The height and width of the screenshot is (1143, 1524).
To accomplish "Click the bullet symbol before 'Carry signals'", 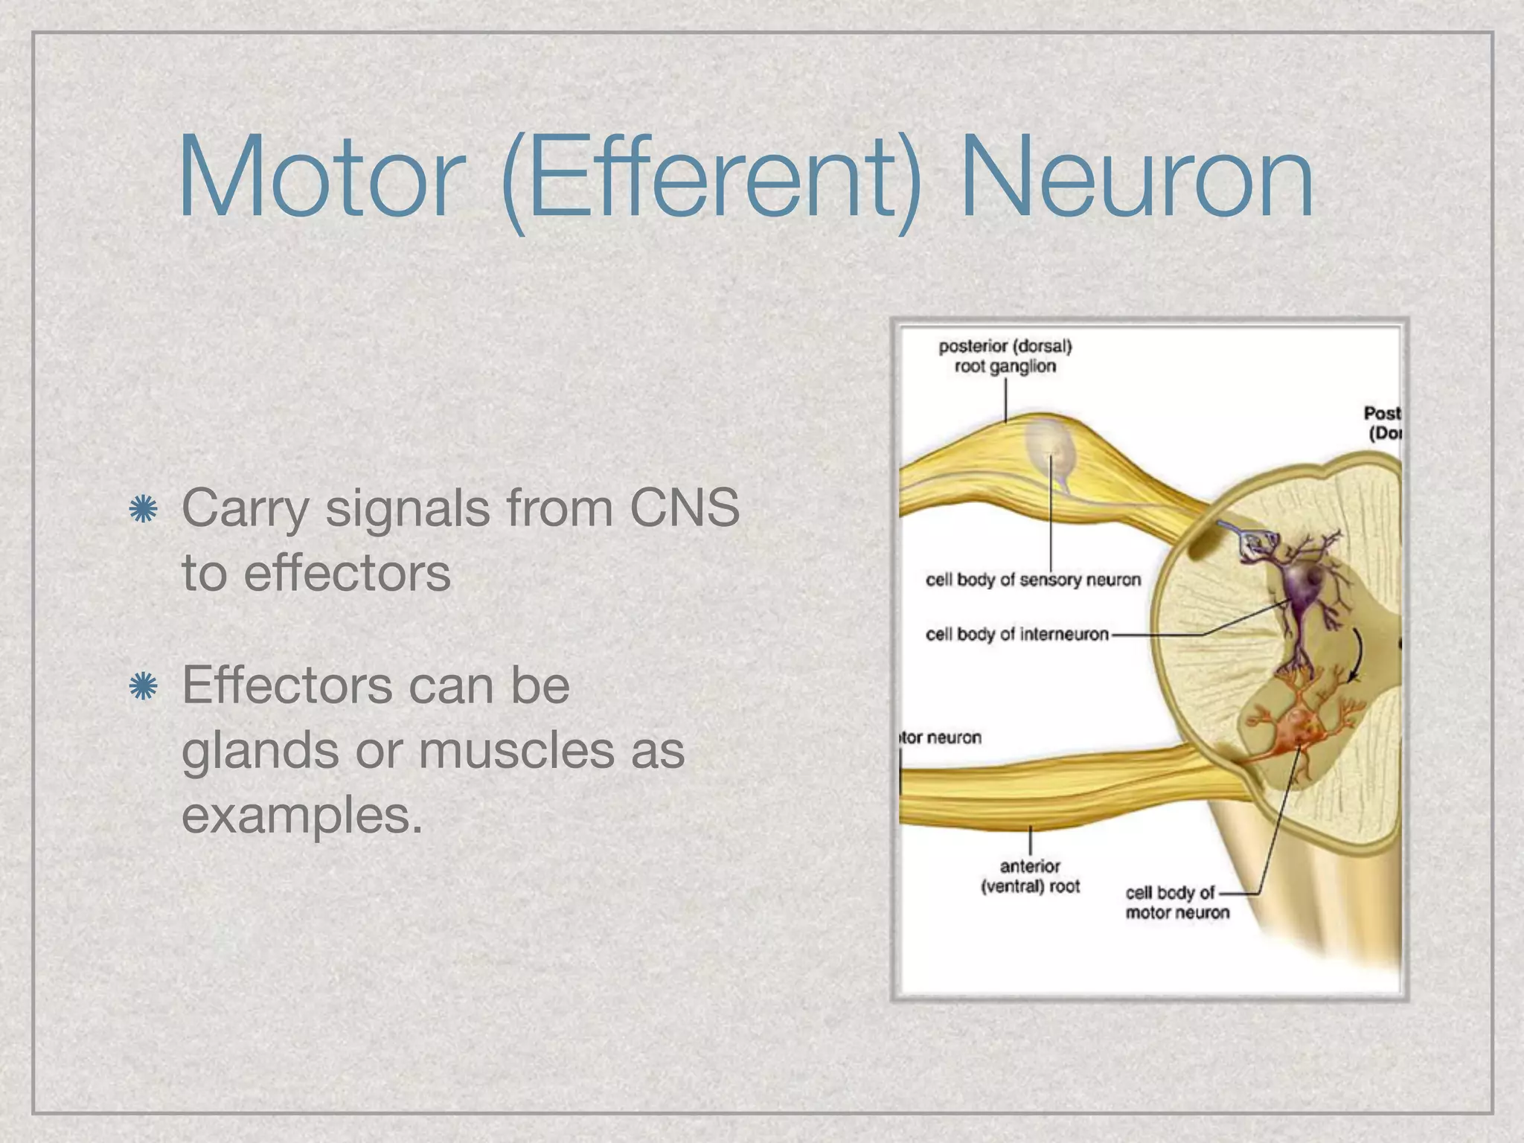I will (x=143, y=510).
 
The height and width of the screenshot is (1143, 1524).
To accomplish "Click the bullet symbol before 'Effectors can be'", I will (x=143, y=686).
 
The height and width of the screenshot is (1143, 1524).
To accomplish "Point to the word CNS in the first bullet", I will (x=684, y=508).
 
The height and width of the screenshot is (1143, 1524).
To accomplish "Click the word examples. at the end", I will (x=302, y=816).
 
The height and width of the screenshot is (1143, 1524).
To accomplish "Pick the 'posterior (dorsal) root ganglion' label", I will (x=1005, y=356).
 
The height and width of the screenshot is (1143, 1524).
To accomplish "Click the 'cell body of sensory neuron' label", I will (x=1032, y=580).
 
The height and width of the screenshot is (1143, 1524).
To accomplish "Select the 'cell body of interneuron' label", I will (x=1016, y=634).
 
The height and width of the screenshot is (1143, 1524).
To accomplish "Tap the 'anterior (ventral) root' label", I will (x=1030, y=876).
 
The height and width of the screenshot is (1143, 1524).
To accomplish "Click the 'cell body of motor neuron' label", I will (x=1176, y=902).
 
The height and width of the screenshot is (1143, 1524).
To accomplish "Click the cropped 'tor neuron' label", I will (x=941, y=737).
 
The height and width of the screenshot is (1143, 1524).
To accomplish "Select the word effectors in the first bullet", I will (x=347, y=574).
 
